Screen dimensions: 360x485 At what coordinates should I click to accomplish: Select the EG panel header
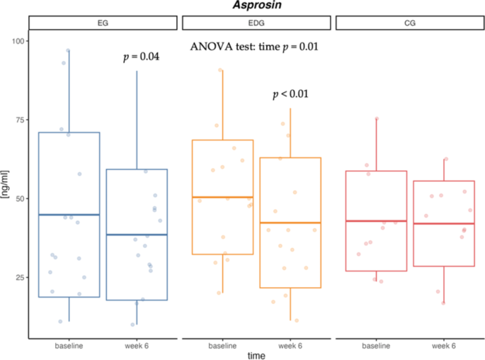[x=103, y=23]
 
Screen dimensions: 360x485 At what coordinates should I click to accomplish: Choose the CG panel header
[x=409, y=23]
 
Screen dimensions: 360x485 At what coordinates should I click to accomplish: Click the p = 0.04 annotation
[x=140, y=57]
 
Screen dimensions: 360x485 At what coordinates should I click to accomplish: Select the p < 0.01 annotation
[x=291, y=94]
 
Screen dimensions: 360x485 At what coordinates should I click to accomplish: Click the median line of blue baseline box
[x=69, y=215]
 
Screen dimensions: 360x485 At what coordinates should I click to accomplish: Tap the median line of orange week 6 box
[x=290, y=223]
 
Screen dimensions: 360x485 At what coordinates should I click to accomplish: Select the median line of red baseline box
[x=375, y=221]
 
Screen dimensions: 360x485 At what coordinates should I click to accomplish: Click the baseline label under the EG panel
[x=69, y=345]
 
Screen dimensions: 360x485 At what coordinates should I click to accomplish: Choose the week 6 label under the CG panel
[x=443, y=345]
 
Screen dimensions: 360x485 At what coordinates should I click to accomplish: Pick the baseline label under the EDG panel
[x=222, y=345]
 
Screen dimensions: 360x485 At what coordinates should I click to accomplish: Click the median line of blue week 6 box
[x=137, y=235]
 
